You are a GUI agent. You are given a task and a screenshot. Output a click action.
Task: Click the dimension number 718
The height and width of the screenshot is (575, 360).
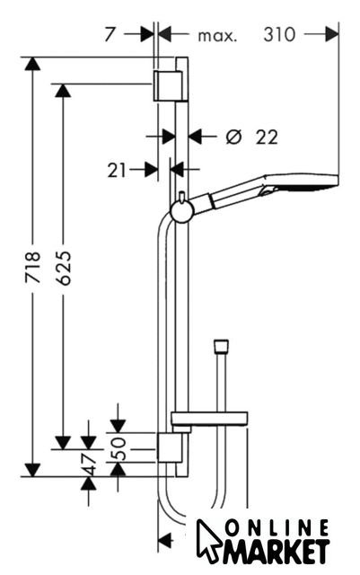point(32,268)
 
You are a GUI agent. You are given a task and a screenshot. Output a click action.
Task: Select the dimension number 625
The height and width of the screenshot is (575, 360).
point(64,268)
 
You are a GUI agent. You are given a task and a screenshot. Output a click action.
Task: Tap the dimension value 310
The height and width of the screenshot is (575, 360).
point(279,35)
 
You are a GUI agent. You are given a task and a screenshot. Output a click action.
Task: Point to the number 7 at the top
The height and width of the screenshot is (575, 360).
point(110,35)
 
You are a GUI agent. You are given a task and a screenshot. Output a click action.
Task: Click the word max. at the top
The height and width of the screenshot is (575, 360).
point(217,36)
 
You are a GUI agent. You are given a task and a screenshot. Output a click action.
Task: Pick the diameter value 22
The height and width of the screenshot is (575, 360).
point(267,137)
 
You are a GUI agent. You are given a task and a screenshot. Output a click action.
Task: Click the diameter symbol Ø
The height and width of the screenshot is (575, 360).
point(234,137)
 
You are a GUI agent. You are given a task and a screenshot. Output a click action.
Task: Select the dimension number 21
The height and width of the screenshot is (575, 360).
point(117,170)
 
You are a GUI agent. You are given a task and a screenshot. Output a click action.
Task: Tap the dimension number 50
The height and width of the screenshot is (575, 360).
point(119,448)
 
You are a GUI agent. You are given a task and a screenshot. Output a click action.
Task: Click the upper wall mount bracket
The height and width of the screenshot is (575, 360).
point(170,85)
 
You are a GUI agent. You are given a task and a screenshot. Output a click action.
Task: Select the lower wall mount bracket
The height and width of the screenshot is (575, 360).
point(170,447)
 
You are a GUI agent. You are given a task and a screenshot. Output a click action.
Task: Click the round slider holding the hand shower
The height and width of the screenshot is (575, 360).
point(182,212)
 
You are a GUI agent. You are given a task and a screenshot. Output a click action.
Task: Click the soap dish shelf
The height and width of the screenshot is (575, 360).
point(209,419)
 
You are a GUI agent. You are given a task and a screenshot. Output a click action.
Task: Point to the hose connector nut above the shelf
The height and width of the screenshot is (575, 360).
point(221,346)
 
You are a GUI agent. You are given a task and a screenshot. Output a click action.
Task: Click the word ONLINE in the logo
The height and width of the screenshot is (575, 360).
point(277,528)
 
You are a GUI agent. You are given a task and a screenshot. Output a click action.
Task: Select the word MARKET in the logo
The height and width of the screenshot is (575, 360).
point(275,551)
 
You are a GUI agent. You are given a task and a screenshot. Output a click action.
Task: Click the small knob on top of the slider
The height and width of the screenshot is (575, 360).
point(182,196)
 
